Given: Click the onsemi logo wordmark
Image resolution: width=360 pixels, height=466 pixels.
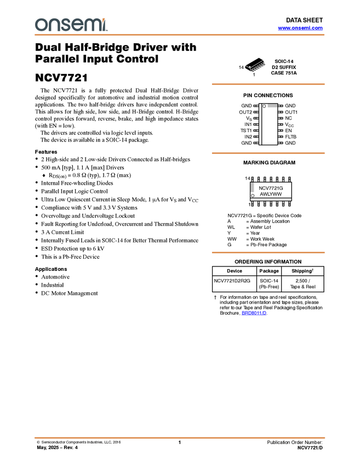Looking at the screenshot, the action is pyautogui.click(x=71, y=25).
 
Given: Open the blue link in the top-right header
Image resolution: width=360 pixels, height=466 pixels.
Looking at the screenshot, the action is pyautogui.click(x=300, y=27).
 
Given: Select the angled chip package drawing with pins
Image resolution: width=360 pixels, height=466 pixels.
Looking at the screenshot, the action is pyautogui.click(x=255, y=67).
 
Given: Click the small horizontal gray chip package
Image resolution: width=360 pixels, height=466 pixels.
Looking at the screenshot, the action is pyautogui.click(x=272, y=106).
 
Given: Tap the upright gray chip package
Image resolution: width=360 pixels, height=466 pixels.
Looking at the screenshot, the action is pyautogui.click(x=252, y=187).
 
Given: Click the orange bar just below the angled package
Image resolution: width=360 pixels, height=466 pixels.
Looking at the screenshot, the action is pyautogui.click(x=268, y=84).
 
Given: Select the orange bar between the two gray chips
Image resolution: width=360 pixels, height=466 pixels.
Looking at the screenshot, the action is pyautogui.click(x=268, y=153).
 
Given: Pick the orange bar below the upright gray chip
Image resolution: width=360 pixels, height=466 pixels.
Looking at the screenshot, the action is pyautogui.click(x=268, y=253).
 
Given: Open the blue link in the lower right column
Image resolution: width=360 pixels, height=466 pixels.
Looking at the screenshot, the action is pyautogui.click(x=254, y=313).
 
